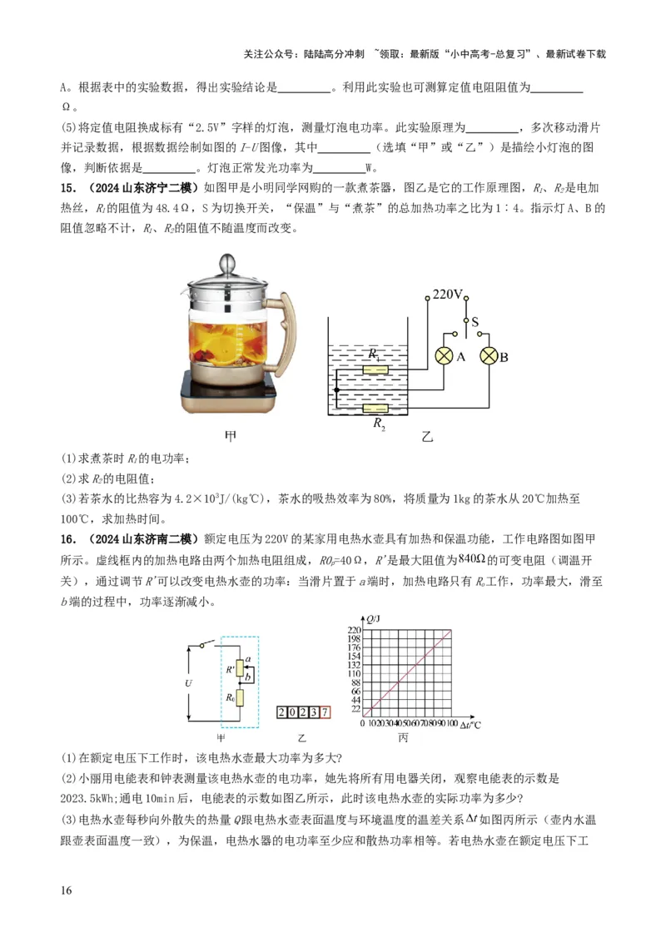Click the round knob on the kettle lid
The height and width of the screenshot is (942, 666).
pos(226,265)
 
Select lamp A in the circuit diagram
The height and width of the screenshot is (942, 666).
pos(443,356)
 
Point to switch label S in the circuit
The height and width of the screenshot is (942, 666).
pos(475,320)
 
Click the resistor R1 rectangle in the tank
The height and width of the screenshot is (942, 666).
pos(376,369)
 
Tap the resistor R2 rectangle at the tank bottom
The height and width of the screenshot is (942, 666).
pos(376,409)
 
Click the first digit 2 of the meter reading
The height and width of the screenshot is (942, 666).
pos(282,712)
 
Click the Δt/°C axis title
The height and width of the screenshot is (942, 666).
pos(471,725)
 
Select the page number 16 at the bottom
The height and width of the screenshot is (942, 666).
pos(67,890)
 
